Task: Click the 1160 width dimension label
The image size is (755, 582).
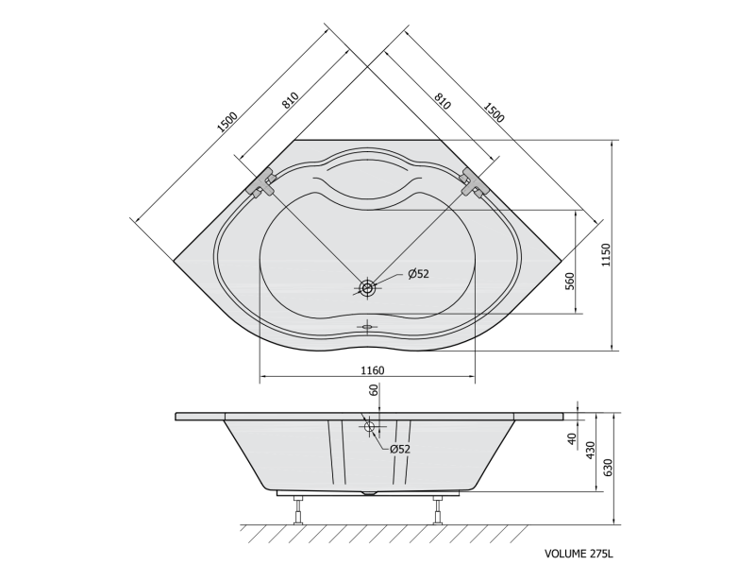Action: click(373, 370)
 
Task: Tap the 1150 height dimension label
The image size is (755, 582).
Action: click(606, 255)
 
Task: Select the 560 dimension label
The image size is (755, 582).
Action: click(570, 282)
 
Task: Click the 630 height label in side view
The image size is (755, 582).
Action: click(608, 468)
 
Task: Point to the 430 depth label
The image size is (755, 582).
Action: click(591, 450)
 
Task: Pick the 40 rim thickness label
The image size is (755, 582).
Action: click(572, 438)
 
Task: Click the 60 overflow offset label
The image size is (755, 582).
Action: click(374, 390)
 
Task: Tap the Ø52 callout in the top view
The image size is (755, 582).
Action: click(418, 274)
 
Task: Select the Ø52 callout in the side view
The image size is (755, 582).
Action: click(399, 449)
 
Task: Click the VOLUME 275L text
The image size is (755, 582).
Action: click(579, 554)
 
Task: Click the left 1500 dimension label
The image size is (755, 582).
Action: click(227, 122)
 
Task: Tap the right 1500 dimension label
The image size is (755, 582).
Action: click(494, 112)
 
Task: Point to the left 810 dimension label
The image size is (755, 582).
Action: click(291, 100)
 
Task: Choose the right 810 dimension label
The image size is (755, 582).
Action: click(442, 100)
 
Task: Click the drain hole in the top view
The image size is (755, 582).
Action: click(368, 289)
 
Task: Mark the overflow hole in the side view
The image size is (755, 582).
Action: click(370, 426)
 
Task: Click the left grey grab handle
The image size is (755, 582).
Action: click(261, 182)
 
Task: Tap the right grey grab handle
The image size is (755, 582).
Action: click(475, 182)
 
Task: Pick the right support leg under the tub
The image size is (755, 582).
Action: click(438, 510)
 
